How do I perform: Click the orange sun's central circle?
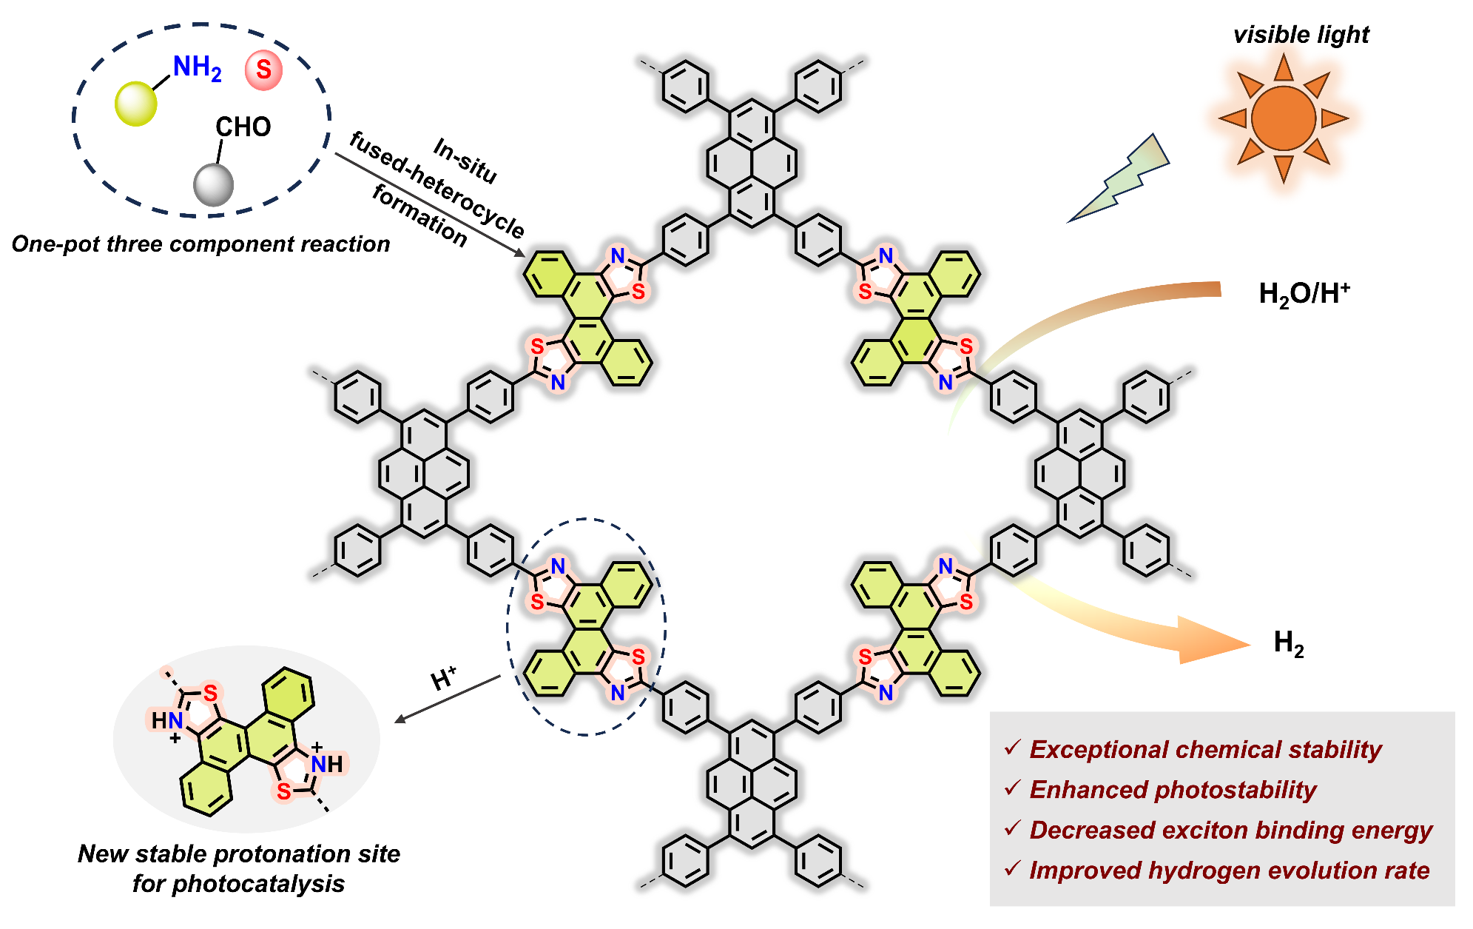tap(1284, 118)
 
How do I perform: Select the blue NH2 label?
tap(197, 68)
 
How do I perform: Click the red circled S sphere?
tap(263, 70)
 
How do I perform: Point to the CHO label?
tap(243, 127)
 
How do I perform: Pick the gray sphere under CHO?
tap(213, 185)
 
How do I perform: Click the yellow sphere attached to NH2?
tap(136, 104)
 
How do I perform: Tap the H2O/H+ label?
tap(1304, 294)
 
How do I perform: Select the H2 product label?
tap(1288, 643)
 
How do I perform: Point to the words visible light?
tap(1301, 35)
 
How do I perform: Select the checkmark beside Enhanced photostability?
tap(1012, 788)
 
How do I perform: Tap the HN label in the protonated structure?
tap(166, 720)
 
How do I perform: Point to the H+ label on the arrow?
tap(443, 679)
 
